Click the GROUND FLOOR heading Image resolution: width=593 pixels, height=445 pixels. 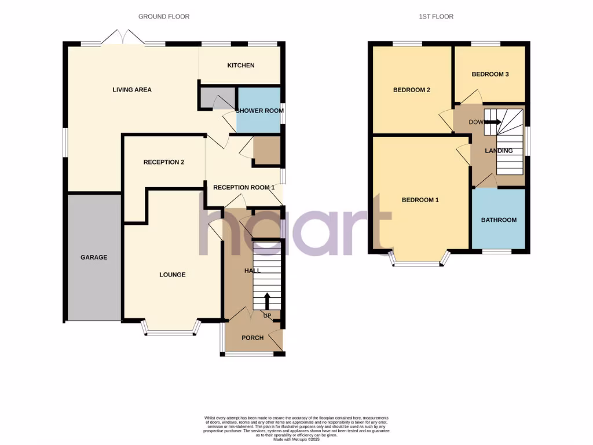pos(164,17)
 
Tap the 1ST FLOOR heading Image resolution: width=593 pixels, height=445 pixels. pos(436,17)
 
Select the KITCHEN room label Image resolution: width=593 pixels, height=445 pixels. pos(240,65)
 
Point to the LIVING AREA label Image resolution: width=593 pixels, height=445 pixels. pos(132,90)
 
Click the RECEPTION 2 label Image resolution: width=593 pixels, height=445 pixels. pos(164,162)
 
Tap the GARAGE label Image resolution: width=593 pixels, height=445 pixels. pos(94,257)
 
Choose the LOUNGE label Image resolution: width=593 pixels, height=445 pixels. pos(173,275)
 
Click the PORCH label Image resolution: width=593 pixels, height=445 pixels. pos(252,338)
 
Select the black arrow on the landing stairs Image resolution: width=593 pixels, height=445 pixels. pos(493,122)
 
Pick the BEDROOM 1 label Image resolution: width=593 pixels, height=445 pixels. pos(420,200)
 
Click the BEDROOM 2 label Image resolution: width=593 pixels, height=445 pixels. pos(411,90)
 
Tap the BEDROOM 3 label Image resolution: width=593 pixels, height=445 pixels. pos(490,74)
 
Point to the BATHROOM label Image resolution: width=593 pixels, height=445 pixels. pos(499,220)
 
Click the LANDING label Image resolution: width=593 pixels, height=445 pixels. pos(499,151)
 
